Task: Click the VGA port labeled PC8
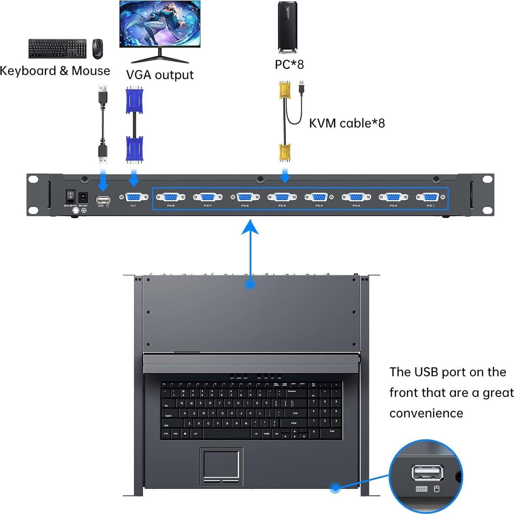(x=170, y=197)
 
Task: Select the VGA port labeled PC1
(x=430, y=197)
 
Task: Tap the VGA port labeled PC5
(x=282, y=197)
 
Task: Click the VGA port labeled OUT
(x=133, y=197)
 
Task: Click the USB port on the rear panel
(x=103, y=200)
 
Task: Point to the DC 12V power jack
(x=83, y=196)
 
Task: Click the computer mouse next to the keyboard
(x=97, y=48)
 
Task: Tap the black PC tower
(x=287, y=27)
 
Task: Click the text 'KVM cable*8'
(x=346, y=123)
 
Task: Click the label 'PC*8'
(x=289, y=64)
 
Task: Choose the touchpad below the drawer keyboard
(x=221, y=464)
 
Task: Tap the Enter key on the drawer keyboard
(x=295, y=413)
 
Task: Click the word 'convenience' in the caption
(x=426, y=413)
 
